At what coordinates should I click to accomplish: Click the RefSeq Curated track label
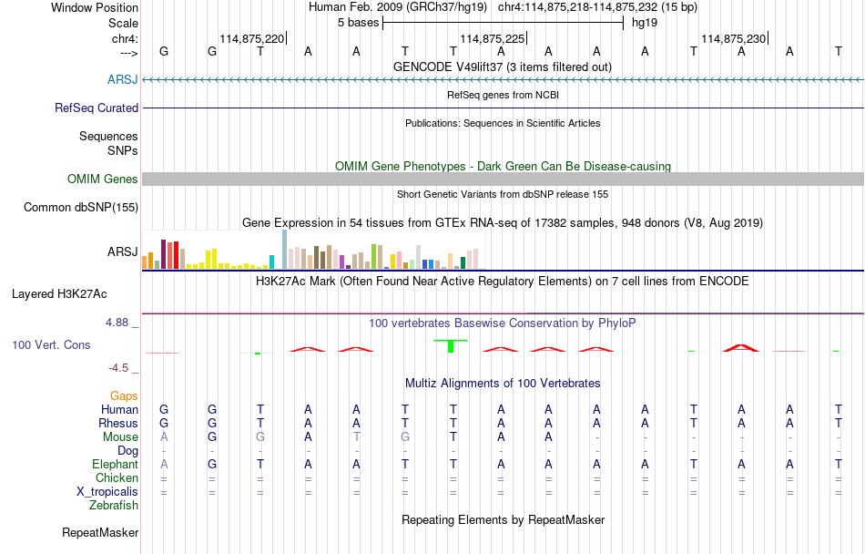[x=97, y=108]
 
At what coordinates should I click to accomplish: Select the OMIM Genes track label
[x=103, y=179]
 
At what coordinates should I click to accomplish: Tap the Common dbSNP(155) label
[x=81, y=207]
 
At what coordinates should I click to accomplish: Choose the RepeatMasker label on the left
[x=100, y=532]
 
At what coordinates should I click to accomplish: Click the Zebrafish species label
[x=114, y=505]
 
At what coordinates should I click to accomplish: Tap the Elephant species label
[x=115, y=464]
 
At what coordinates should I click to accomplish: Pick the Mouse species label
[x=121, y=436]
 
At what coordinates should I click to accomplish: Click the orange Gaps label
[x=124, y=395]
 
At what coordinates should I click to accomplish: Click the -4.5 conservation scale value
[x=119, y=368]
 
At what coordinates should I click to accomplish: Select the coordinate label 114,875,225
[x=493, y=38]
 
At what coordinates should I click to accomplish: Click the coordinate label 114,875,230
[x=734, y=38]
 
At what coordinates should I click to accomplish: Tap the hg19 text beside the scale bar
[x=645, y=22]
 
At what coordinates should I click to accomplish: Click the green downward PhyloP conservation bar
[x=451, y=346]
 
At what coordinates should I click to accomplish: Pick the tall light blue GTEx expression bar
[x=284, y=249]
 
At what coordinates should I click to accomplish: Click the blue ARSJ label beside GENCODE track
[x=123, y=79]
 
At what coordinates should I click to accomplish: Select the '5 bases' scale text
[x=357, y=22]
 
